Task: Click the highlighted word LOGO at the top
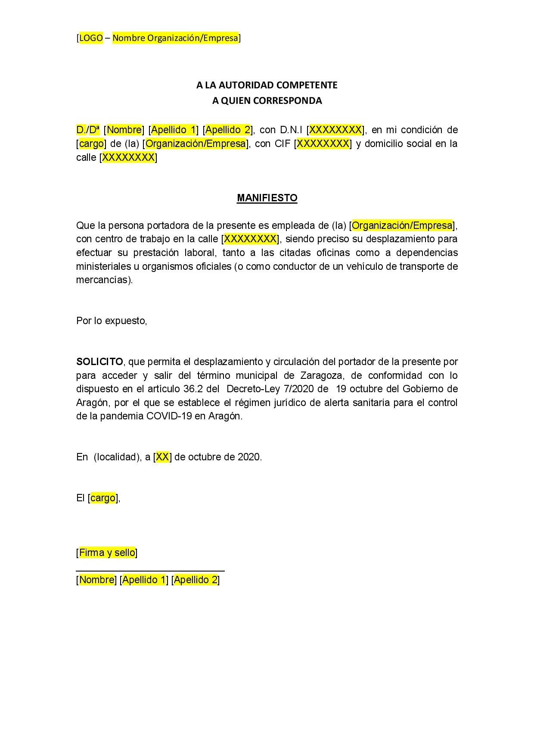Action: pyautogui.click(x=91, y=38)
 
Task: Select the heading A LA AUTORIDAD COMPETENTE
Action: pyautogui.click(x=267, y=85)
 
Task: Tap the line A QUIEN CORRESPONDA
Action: pyautogui.click(x=267, y=100)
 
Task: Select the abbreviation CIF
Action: pyautogui.click(x=283, y=144)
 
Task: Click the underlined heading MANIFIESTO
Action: pyautogui.click(x=267, y=198)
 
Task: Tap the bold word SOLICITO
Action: pyautogui.click(x=99, y=361)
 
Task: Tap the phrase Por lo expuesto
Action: pyautogui.click(x=112, y=321)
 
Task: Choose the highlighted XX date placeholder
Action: pyautogui.click(x=162, y=457)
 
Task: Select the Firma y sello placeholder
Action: pyautogui.click(x=107, y=553)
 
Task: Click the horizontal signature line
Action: pyautogui.click(x=150, y=571)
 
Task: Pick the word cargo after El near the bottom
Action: pyautogui.click(x=103, y=498)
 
